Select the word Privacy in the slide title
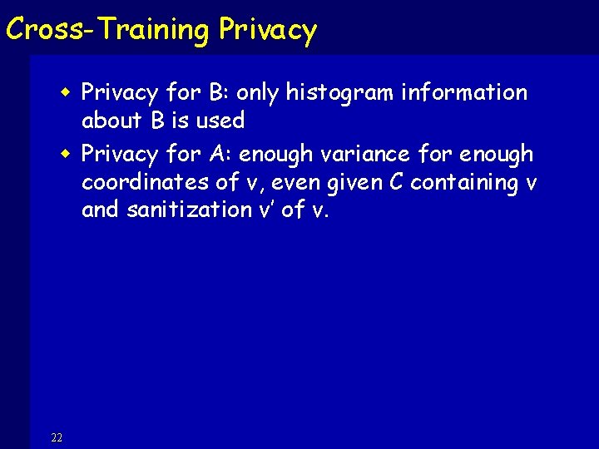(268, 30)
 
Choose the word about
(112, 121)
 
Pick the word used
(220, 121)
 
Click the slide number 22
(57, 438)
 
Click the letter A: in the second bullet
(220, 155)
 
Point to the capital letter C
(396, 182)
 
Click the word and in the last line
(100, 210)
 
